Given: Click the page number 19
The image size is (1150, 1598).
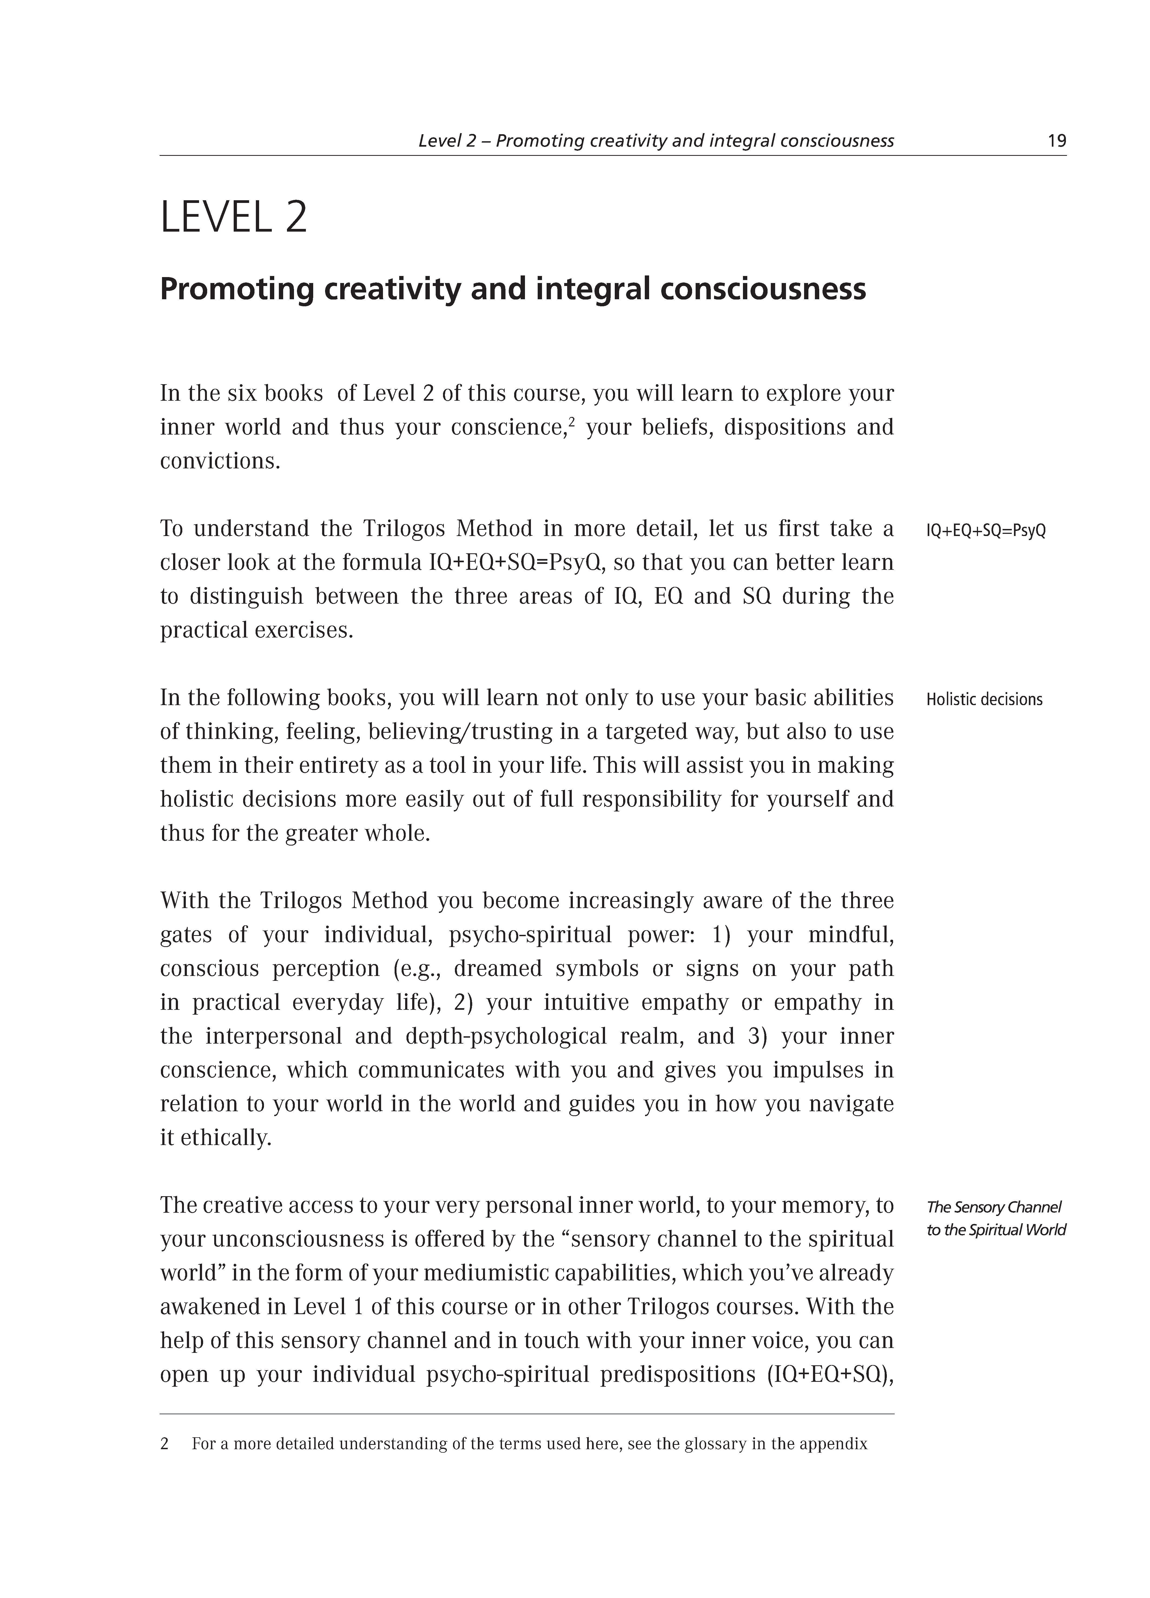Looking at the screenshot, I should [1056, 141].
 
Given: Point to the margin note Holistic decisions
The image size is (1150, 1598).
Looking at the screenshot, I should [984, 700].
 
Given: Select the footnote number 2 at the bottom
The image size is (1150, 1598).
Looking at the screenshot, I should [165, 1444].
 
